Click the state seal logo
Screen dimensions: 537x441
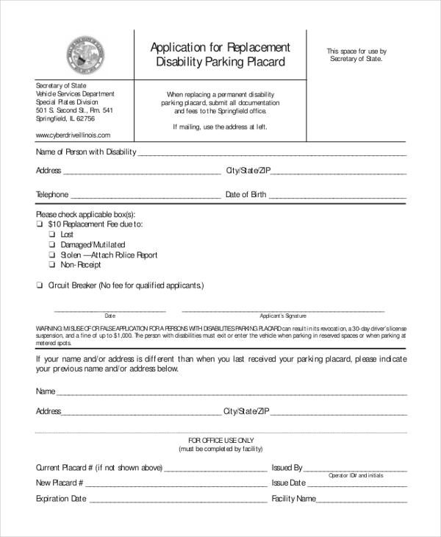[85, 54]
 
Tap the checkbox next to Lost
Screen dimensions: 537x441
[52, 235]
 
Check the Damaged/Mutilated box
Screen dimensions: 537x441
[52, 245]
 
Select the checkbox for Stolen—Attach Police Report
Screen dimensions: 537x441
[52, 255]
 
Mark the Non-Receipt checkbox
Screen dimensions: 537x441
[52, 265]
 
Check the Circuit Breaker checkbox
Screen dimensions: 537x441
[39, 285]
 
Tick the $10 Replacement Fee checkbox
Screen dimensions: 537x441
[39, 224]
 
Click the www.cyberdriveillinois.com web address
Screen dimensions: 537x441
[73, 135]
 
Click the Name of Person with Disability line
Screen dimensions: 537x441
[272, 155]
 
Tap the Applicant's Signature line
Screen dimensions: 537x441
[282, 310]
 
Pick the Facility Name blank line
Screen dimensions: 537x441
[362, 502]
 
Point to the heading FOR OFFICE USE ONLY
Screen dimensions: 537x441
[220, 439]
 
